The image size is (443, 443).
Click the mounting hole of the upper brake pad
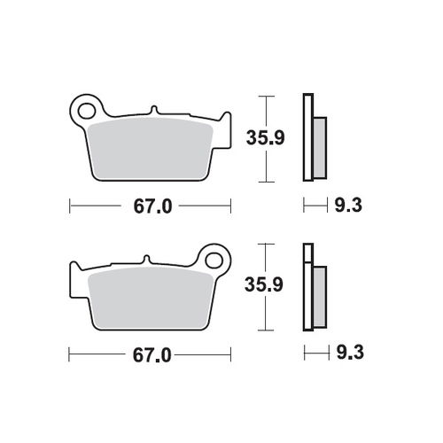pyautogui.click(x=87, y=110)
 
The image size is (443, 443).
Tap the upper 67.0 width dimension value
pyautogui.click(x=150, y=206)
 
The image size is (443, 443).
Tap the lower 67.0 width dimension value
pyautogui.click(x=150, y=354)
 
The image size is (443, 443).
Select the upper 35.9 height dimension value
pyautogui.click(x=263, y=138)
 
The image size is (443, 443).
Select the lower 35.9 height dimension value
pyautogui.click(x=263, y=284)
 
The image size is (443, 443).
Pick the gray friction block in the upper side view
pyautogui.click(x=319, y=146)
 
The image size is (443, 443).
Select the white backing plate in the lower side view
pyautogui.click(x=307, y=292)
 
